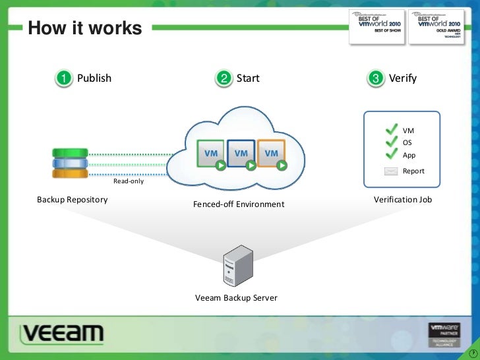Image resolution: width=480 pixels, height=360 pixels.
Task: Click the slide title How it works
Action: pos(84,28)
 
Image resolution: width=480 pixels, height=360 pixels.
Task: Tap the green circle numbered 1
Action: pos(63,78)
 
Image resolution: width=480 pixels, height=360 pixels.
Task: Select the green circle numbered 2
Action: pos(224,78)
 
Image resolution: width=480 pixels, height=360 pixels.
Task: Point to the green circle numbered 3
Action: pos(376,78)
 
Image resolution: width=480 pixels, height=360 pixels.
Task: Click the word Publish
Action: pos(94,78)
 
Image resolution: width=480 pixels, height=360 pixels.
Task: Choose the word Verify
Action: pos(402,78)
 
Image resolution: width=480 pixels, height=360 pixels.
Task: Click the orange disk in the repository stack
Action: pos(70,173)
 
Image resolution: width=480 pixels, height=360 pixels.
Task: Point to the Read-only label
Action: pos(128,181)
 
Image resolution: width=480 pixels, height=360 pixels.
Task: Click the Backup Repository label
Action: pos(72,199)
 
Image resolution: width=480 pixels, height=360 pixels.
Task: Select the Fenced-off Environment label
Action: pos(239,204)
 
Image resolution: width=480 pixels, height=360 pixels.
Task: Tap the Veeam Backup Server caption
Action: pos(236,298)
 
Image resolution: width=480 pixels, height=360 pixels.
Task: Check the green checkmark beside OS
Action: pos(392,142)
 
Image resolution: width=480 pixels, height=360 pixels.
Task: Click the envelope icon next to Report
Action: pos(392,171)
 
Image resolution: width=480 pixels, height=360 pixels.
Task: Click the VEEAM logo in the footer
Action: pos(61,334)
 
